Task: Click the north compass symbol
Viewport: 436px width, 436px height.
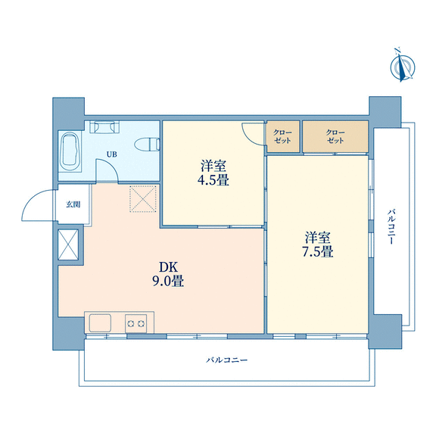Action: [x=402, y=66]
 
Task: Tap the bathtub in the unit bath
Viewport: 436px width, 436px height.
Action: [x=70, y=151]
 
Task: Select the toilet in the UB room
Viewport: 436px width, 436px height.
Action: [x=148, y=145]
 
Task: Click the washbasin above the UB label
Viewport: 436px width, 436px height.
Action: [x=104, y=127]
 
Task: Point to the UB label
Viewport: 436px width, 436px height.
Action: [x=112, y=154]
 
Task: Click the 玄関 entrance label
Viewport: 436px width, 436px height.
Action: [x=73, y=204]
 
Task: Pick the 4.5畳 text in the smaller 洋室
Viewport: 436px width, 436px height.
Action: [x=213, y=180]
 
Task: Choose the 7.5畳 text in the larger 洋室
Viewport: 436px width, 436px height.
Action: [x=318, y=251]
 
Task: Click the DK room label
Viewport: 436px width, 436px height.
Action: [x=168, y=267]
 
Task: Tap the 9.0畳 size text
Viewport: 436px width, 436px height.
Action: [x=168, y=281]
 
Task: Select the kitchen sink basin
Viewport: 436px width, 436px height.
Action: [x=100, y=322]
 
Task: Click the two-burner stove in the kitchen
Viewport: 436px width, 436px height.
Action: [x=135, y=323]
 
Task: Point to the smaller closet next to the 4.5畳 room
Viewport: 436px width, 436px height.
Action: [x=283, y=136]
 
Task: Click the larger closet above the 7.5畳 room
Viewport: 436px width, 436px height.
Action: [x=335, y=136]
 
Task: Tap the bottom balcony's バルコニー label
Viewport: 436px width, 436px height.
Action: [x=226, y=360]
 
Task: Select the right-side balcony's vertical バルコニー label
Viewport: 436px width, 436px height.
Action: [x=391, y=227]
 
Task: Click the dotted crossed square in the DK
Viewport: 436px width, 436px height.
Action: [x=143, y=199]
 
